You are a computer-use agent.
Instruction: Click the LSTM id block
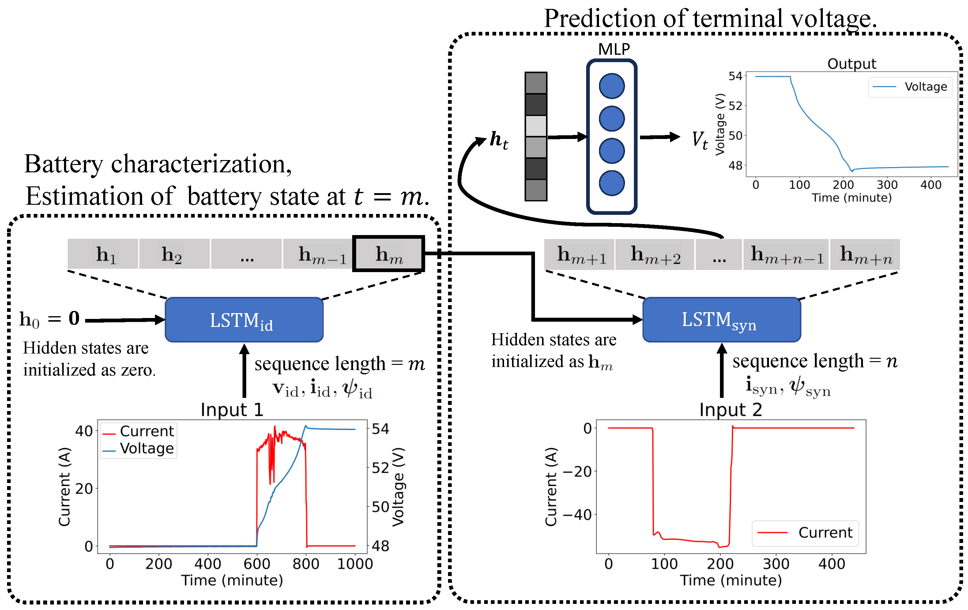coord(244,320)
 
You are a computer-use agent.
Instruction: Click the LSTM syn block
coord(721,320)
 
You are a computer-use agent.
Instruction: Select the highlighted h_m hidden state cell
coord(389,254)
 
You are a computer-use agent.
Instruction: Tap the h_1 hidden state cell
coord(103,254)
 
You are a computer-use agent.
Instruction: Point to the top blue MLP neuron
coord(612,86)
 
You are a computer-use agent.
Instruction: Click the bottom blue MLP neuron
coord(612,183)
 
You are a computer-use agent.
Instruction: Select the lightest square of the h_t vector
coord(536,126)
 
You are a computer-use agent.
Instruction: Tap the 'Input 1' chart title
coord(232,410)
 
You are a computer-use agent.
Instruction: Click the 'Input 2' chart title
coord(730,410)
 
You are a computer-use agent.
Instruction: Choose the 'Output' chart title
coord(851,63)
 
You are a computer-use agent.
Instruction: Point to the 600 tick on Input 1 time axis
coord(257,564)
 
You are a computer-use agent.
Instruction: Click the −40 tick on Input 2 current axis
coord(577,515)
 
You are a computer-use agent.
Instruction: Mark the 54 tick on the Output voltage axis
coord(735,76)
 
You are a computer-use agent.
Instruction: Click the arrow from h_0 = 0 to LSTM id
coord(125,320)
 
